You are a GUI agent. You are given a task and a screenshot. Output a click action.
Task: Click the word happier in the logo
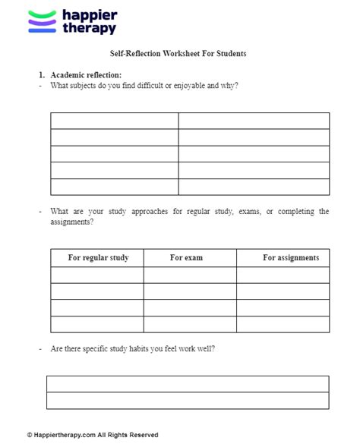tap(90, 14)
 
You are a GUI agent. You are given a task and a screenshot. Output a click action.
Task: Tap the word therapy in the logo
tap(89, 28)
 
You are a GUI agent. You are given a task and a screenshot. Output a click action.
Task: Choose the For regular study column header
tap(98, 258)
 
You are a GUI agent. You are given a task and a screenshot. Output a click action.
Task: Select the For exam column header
tap(186, 258)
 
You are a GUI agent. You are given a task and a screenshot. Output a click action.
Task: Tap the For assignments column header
tap(291, 258)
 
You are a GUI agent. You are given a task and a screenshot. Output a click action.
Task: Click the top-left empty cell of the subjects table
tap(115, 121)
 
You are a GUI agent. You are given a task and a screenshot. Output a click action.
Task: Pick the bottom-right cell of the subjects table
tap(254, 187)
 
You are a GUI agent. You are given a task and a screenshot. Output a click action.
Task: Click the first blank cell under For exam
tap(190, 275)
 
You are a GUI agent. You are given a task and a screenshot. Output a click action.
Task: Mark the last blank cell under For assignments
tap(283, 324)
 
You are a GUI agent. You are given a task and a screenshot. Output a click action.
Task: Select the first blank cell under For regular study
tap(97, 275)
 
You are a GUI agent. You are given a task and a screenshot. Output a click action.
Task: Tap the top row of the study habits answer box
tap(188, 384)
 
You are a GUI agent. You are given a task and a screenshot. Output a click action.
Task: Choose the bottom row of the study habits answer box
tap(188, 401)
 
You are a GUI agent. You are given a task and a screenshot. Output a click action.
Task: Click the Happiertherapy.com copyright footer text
tap(93, 435)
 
